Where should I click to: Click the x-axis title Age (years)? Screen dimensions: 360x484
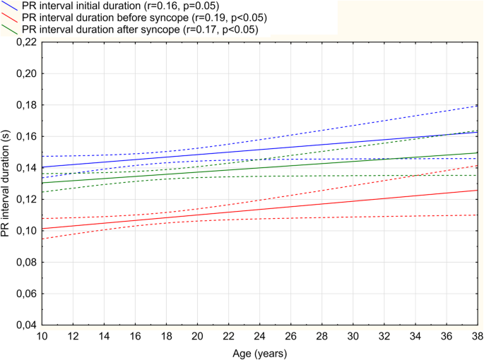tap(260, 351)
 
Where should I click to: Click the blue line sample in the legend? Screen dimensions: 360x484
tap(10, 6)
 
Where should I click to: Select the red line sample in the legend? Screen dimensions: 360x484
tap(10, 18)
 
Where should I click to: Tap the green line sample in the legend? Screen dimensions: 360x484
tap(10, 30)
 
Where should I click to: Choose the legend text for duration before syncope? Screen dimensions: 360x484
tap(141, 18)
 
